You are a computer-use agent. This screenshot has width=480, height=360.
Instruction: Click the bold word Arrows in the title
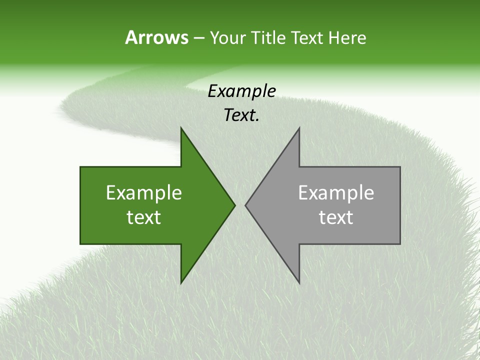coord(156,37)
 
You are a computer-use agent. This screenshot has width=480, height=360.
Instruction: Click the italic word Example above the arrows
coord(242,91)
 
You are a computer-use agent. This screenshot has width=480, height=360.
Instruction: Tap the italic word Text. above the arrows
coord(242,115)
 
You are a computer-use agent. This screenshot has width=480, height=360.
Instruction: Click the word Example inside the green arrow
coord(144,193)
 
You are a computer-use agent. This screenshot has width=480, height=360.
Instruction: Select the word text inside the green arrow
coord(144,217)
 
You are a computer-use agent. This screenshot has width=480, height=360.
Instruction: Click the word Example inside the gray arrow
coord(336,193)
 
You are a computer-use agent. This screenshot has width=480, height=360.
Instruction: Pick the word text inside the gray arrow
coord(336,217)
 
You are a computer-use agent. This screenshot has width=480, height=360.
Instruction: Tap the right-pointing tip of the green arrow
coord(235,205)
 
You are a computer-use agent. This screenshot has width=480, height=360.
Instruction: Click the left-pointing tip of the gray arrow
coord(245,205)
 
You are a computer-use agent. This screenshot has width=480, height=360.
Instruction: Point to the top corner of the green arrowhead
coord(181,127)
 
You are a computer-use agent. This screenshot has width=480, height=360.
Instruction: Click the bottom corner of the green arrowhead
coord(181,283)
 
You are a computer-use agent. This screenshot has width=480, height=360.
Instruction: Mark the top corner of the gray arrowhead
coord(299,127)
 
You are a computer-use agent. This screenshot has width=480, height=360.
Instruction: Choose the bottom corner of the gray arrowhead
coord(299,283)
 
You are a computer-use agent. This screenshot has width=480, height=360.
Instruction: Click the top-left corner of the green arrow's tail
coord(80,167)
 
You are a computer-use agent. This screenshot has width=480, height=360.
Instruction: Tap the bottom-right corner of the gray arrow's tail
coord(400,243)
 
